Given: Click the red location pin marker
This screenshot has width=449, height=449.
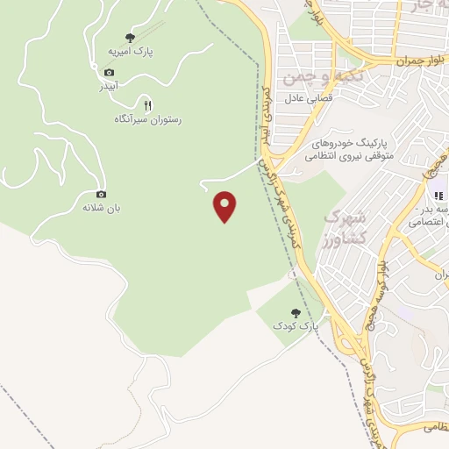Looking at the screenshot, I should click(x=225, y=206).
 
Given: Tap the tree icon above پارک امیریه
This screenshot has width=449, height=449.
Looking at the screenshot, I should click(x=131, y=38).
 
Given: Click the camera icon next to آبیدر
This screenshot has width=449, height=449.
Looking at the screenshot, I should click(x=110, y=72).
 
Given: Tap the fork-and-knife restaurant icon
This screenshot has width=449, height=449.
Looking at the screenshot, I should click(x=147, y=104).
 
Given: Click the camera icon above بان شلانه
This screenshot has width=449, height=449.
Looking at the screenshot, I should click(x=101, y=194).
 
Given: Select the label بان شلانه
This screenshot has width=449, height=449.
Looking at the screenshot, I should click(x=101, y=208).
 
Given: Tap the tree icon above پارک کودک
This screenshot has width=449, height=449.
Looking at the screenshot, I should click(x=296, y=312).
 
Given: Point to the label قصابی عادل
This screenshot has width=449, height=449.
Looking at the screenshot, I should click(x=305, y=99).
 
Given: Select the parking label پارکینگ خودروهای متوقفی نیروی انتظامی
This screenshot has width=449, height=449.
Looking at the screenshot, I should click(x=351, y=149).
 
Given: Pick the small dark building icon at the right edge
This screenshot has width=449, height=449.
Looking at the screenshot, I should click(x=438, y=194).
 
